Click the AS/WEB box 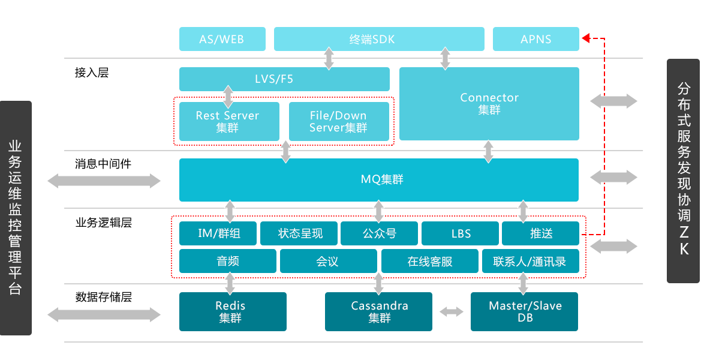tap(222, 40)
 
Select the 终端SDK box tap(378, 40)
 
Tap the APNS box tap(535, 40)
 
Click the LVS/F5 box tap(284, 79)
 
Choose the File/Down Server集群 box tap(339, 121)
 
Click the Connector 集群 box tap(489, 103)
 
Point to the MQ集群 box tap(378, 179)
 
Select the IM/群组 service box tap(218, 233)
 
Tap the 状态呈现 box tap(299, 233)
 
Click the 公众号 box tap(380, 233)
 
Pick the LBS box tap(460, 233)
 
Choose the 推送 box tap(540, 233)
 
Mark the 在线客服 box tap(430, 261)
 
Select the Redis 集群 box tap(232, 311)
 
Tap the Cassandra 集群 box tap(378, 311)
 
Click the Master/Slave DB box tap(524, 311)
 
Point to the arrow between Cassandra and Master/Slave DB tap(452, 312)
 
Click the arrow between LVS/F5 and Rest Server tap(228, 96)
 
